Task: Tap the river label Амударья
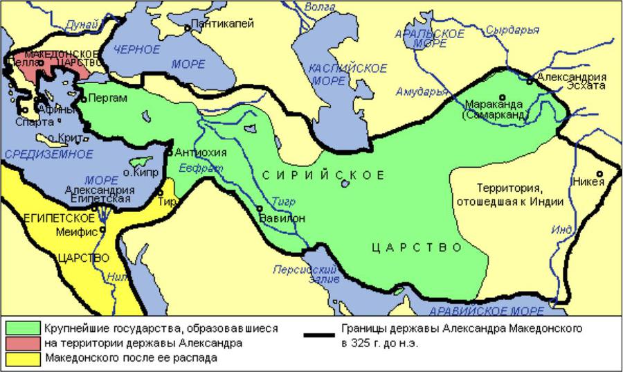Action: click(417, 91)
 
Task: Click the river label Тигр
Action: click(284, 202)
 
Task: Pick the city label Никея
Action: click(588, 182)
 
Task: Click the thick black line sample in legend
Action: click(323, 335)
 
